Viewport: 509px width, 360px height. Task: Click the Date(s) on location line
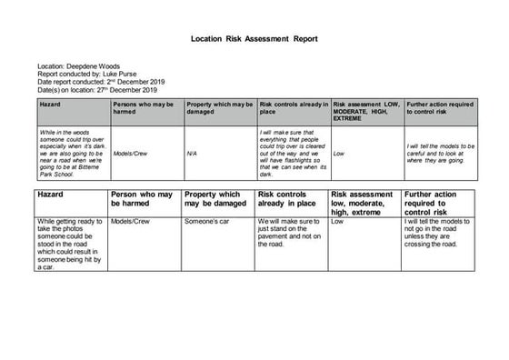pos(97,90)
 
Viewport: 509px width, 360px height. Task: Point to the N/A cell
pos(192,154)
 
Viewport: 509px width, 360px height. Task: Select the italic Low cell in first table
pos(339,154)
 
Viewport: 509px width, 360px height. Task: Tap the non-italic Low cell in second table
pos(337,222)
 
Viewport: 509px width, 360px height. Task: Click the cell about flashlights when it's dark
pos(291,153)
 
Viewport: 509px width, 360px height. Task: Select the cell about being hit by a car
pos(70,245)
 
